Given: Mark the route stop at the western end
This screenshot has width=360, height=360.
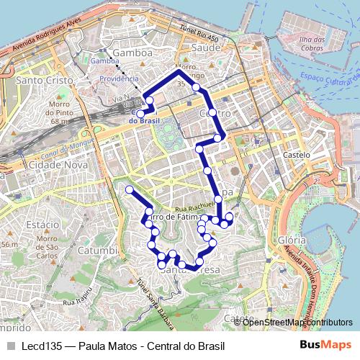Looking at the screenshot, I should click(130, 189).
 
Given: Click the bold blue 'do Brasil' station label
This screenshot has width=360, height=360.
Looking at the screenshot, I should click(143, 121).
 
